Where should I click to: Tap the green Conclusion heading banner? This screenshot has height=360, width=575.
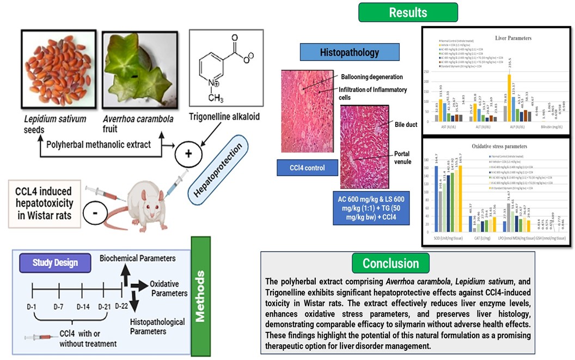click(390, 264)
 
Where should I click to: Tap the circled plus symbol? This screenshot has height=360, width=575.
click(188, 154)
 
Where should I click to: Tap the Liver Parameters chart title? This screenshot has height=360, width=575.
click(513, 38)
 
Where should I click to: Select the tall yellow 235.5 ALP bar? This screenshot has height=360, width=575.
click(509, 98)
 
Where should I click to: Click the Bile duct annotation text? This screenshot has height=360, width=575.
click(406, 125)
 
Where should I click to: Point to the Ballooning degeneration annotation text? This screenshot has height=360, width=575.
click(372, 77)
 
